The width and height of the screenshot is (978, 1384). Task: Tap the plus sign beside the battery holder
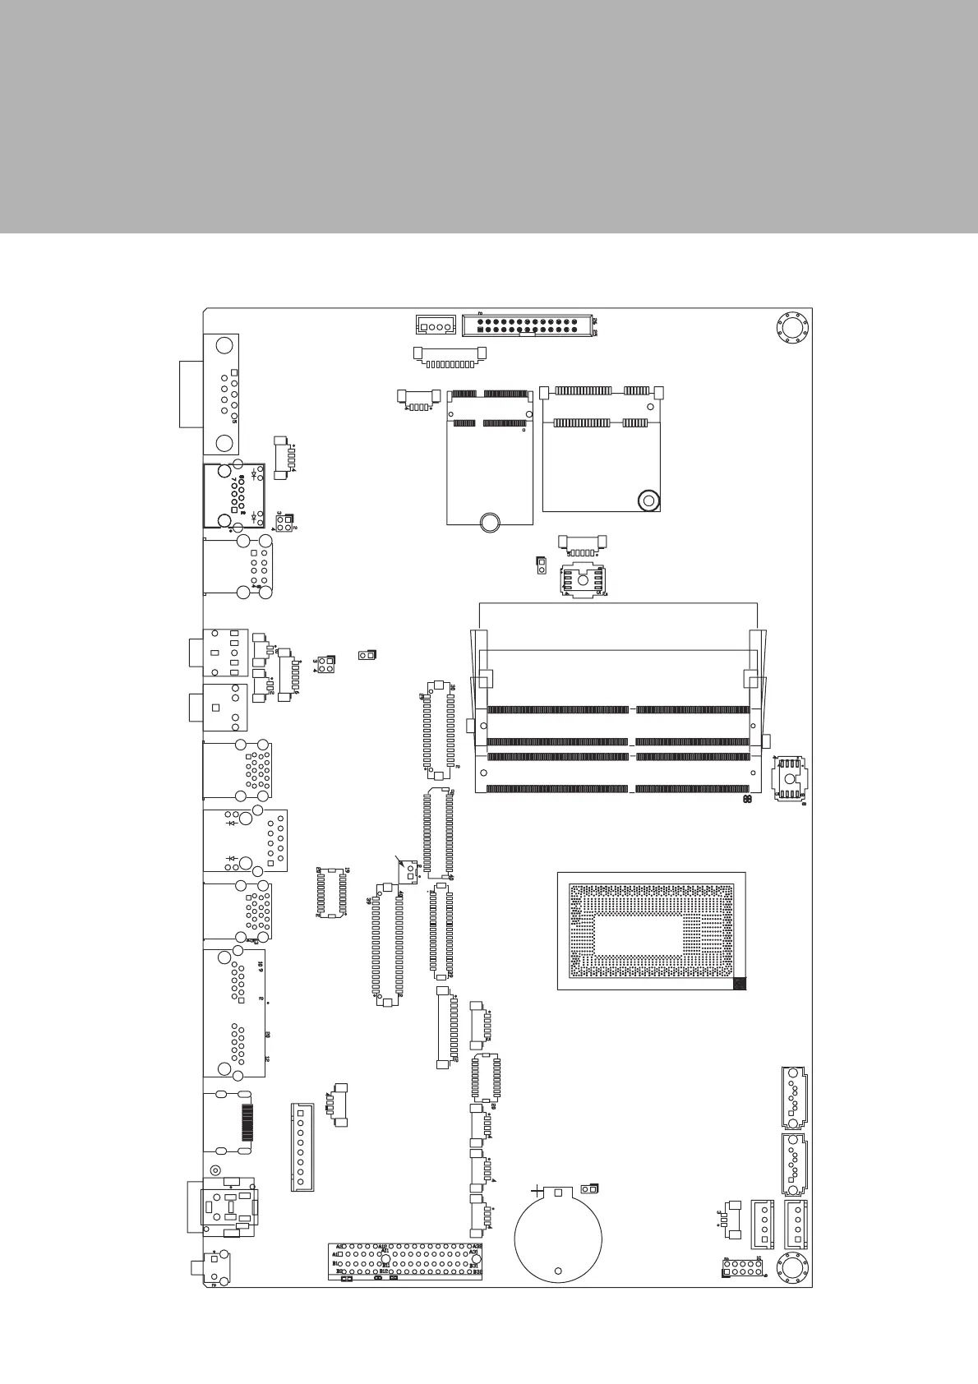[x=537, y=1188]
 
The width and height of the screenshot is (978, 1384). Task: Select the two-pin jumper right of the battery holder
[x=589, y=1188]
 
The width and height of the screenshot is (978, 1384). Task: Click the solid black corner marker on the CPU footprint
[x=739, y=983]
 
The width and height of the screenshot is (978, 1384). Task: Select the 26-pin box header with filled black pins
[x=530, y=325]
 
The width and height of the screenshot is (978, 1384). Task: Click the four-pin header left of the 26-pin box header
[x=436, y=325]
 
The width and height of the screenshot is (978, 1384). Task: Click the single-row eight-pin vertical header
[x=302, y=1147]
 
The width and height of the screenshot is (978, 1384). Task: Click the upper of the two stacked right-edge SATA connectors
[x=794, y=1097]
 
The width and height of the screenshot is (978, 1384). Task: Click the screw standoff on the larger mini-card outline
[x=648, y=499]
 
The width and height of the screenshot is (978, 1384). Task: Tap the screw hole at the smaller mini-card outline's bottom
[x=490, y=521]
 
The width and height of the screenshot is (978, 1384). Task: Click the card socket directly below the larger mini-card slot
[x=583, y=580]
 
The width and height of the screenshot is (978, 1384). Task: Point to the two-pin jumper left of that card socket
[x=541, y=565]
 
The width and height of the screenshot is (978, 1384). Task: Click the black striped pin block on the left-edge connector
[x=246, y=1123]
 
